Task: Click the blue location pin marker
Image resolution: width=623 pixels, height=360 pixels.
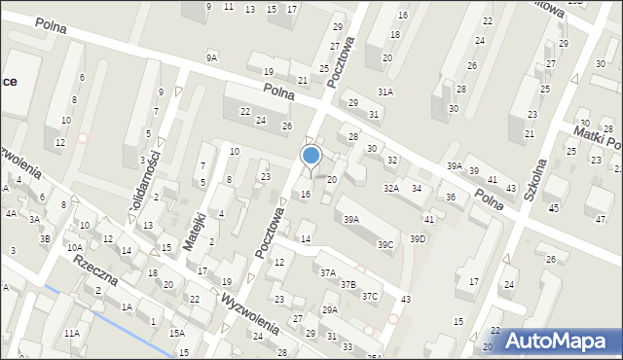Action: pyautogui.click(x=311, y=155)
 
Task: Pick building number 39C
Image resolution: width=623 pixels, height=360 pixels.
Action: pyautogui.click(x=386, y=244)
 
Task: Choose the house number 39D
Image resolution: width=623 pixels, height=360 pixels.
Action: pyautogui.click(x=418, y=238)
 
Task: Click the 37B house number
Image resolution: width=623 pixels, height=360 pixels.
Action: pyautogui.click(x=348, y=285)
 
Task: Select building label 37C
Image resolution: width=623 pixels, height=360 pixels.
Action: pyautogui.click(x=370, y=296)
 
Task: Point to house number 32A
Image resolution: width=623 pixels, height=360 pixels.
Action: pyautogui.click(x=390, y=188)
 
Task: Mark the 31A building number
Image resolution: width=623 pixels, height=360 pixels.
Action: pyautogui.click(x=385, y=91)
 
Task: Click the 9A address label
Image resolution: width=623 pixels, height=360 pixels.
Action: pyautogui.click(x=211, y=58)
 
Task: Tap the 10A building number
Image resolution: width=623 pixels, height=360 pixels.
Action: pyautogui.click(x=75, y=247)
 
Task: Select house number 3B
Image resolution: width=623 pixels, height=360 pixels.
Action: pyautogui.click(x=45, y=238)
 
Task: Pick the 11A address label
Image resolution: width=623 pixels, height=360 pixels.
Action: pyautogui.click(x=72, y=333)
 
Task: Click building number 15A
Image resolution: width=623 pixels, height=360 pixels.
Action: pyautogui.click(x=176, y=333)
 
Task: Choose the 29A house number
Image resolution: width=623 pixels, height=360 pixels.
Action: pyautogui.click(x=330, y=310)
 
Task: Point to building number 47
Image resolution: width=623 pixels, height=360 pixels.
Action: pyautogui.click(x=600, y=220)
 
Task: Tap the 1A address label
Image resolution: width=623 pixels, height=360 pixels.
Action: pyautogui.click(x=127, y=307)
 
